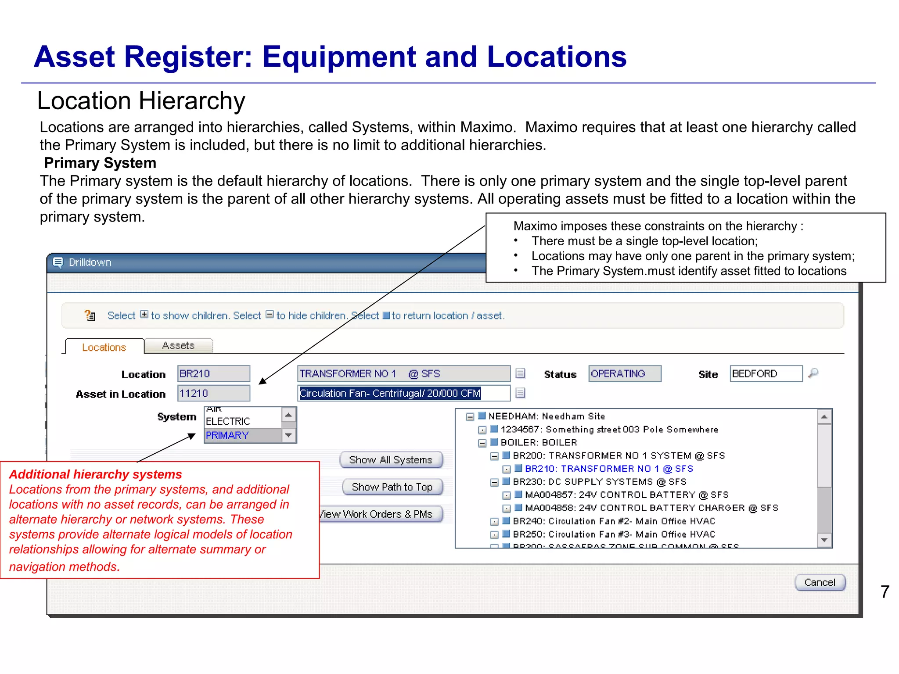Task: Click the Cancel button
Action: click(x=820, y=582)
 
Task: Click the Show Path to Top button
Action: click(x=392, y=487)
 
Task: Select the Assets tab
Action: click(x=178, y=346)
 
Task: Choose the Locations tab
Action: click(x=104, y=347)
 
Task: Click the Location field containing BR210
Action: click(x=213, y=374)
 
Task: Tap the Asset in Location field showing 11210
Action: click(x=213, y=393)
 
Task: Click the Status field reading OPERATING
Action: click(x=624, y=374)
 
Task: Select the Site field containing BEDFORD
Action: click(x=766, y=374)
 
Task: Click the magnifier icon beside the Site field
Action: click(x=813, y=373)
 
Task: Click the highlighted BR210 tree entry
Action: click(x=608, y=469)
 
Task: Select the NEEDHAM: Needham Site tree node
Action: click(x=547, y=416)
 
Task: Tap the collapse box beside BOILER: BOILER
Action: click(x=482, y=443)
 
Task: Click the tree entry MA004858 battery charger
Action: click(x=651, y=508)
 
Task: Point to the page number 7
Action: click(x=885, y=592)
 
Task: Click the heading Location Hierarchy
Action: click(x=141, y=101)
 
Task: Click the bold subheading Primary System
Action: click(x=100, y=163)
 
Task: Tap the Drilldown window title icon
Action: click(x=58, y=262)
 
